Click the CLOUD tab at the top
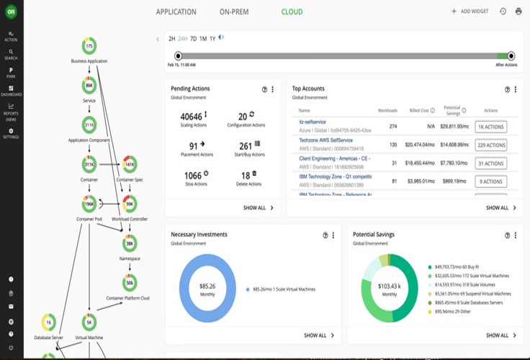click(x=292, y=12)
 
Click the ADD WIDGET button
click(x=470, y=12)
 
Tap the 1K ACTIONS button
click(x=491, y=127)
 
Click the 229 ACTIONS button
click(x=491, y=145)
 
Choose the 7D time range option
click(x=193, y=38)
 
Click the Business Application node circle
click(x=89, y=47)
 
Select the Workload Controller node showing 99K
click(x=130, y=204)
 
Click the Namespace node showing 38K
click(x=130, y=243)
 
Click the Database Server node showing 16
click(x=48, y=323)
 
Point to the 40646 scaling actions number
click(x=191, y=116)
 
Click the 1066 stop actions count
click(x=192, y=175)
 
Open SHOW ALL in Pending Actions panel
click(x=258, y=207)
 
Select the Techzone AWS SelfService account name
click(x=325, y=140)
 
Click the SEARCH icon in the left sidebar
click(x=11, y=53)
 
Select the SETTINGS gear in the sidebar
click(x=11, y=132)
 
